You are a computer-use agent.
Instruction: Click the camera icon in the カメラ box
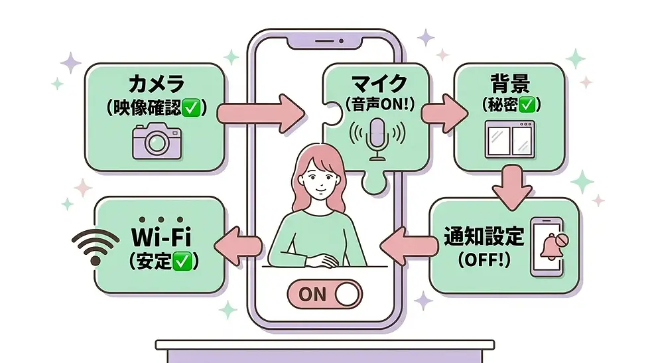coord(157,141)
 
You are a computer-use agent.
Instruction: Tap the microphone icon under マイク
coord(377,139)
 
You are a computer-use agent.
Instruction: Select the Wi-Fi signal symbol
coord(96,246)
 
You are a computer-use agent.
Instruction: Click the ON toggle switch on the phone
coord(324,294)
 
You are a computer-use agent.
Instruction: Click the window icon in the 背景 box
coord(509,139)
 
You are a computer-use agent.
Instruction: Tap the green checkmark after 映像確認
coord(191,108)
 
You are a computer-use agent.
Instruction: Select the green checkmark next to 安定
coord(181,261)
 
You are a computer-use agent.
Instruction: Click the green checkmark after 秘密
coord(527,105)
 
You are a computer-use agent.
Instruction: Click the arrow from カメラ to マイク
coord(261,113)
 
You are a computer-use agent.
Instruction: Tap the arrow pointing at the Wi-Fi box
coord(238,246)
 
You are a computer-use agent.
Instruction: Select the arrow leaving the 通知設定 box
coord(409,246)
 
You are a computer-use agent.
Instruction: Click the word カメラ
coord(157,84)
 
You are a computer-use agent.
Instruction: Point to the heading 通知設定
coord(484,236)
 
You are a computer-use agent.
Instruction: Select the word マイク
coord(379,84)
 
